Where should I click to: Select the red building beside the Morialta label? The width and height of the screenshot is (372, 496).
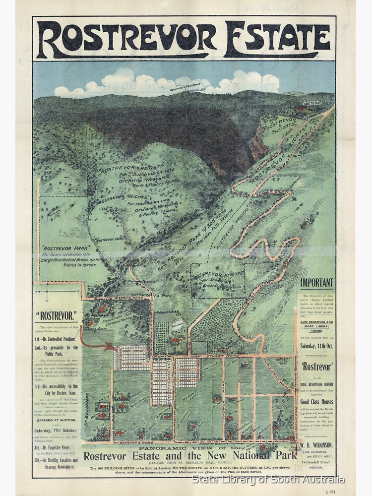tap(299, 108)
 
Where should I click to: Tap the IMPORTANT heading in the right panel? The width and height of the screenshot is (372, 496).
tap(316, 283)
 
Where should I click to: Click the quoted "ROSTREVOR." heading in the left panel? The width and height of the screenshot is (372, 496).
tap(57, 314)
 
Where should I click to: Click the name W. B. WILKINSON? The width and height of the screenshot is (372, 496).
tap(316, 445)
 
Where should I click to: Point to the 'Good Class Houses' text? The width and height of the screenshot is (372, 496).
tap(316, 401)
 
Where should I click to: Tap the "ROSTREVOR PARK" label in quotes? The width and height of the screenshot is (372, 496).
tap(60, 248)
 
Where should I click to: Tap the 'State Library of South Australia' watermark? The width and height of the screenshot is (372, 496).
tap(268, 479)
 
